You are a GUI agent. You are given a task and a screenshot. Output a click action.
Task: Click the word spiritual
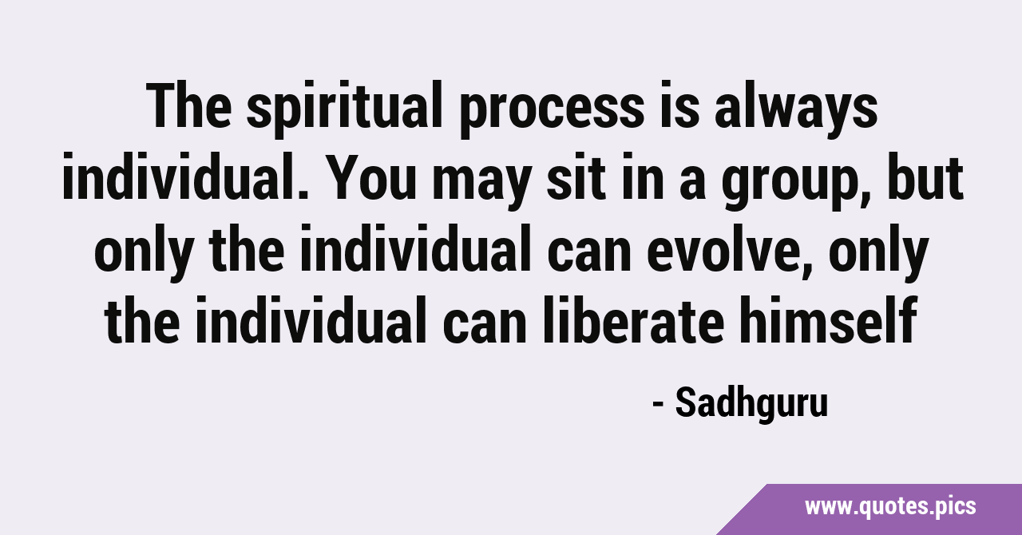tap(344, 109)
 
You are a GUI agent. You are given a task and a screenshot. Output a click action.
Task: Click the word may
tap(482, 184)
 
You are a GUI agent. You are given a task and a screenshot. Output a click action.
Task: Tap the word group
tap(793, 184)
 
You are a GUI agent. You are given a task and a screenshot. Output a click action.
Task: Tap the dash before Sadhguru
tap(658, 405)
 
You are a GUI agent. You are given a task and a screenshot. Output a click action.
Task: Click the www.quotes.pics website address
tap(890, 507)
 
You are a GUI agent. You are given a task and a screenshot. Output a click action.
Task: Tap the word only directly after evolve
tap(878, 252)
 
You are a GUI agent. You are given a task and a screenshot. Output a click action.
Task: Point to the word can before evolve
tap(588, 256)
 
